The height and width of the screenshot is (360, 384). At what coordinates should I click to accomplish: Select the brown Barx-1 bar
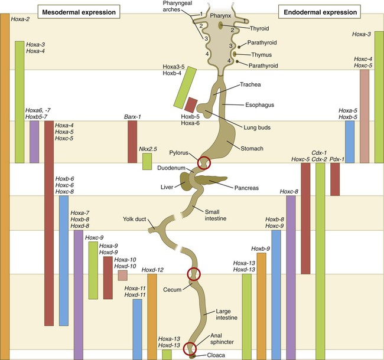click(x=132, y=142)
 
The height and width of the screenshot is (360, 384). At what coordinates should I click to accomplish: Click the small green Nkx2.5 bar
click(x=147, y=162)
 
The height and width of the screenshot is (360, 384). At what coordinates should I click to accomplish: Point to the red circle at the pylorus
click(x=204, y=161)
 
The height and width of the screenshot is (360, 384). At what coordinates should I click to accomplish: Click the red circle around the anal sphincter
click(x=189, y=349)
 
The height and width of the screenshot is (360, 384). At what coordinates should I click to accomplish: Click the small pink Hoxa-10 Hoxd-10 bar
click(x=122, y=275)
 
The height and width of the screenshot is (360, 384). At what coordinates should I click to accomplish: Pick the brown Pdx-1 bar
click(x=335, y=179)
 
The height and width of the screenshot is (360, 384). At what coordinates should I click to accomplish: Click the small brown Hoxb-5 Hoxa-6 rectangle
click(x=191, y=104)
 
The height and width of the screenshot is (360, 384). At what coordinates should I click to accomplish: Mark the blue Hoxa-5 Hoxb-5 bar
click(x=350, y=142)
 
